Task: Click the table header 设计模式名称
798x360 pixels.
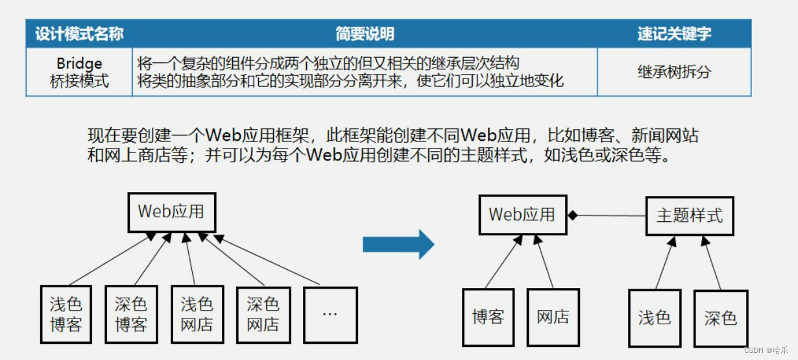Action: [79, 33]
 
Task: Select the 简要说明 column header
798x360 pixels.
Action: [365, 33]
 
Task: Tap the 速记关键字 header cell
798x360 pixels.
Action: [674, 33]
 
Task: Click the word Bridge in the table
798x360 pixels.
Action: [79, 64]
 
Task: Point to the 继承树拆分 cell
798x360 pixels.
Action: [674, 72]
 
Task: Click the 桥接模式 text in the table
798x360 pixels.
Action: [79, 82]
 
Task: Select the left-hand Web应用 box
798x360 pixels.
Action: [171, 212]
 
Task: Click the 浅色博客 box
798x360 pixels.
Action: [66, 314]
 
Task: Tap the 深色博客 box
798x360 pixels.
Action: [131, 314]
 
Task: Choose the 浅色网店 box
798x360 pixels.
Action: [197, 314]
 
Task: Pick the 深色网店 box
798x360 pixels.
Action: [263, 314]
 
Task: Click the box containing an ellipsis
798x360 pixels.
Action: [330, 314]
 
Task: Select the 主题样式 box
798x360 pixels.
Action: [689, 215]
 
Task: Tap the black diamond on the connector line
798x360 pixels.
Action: [572, 215]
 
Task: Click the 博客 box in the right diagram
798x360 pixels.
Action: [488, 317]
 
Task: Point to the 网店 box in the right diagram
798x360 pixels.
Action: [553, 317]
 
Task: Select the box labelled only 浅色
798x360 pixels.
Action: [654, 317]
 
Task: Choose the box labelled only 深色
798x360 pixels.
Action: [720, 318]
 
